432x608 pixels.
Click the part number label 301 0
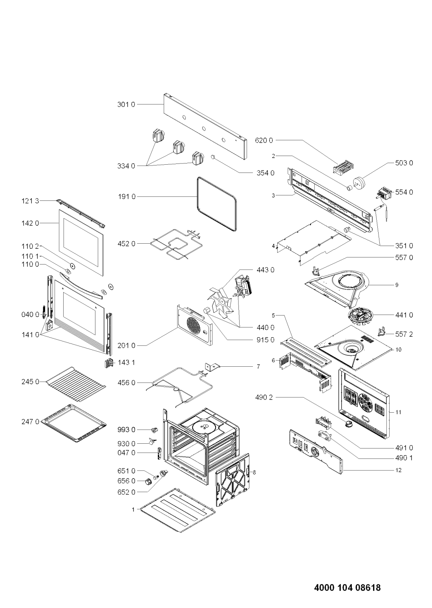click(x=126, y=105)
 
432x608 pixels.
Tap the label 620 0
click(x=264, y=140)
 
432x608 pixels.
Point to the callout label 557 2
click(x=404, y=334)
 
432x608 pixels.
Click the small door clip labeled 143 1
click(x=108, y=363)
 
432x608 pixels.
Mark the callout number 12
click(x=398, y=470)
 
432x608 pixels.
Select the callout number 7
click(x=258, y=367)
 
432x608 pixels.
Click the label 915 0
click(x=265, y=340)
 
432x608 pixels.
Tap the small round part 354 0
click(x=213, y=156)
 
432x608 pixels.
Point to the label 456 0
click(x=126, y=382)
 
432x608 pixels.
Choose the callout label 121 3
click(x=30, y=201)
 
